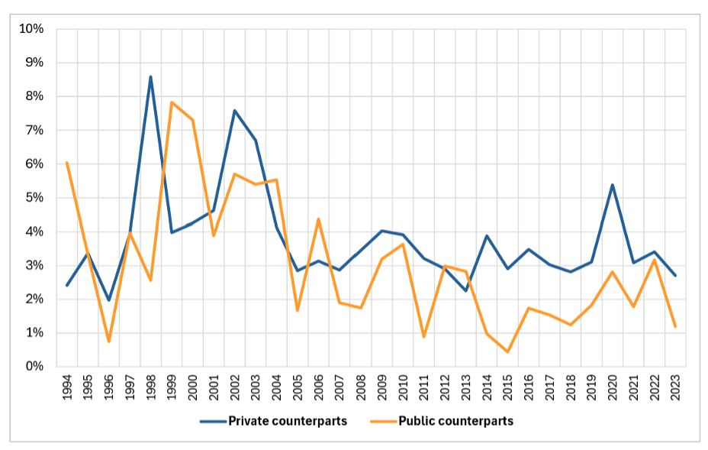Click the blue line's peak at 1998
pyautogui.click(x=151, y=76)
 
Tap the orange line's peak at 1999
pyautogui.click(x=172, y=102)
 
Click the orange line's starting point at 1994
pyautogui.click(x=67, y=163)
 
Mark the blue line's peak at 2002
pyautogui.click(x=235, y=111)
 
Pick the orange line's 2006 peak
pyautogui.click(x=318, y=219)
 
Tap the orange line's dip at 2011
pyautogui.click(x=423, y=337)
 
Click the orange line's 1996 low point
pyautogui.click(x=109, y=342)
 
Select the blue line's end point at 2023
pyautogui.click(x=675, y=276)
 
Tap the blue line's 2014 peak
pyautogui.click(x=486, y=236)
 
